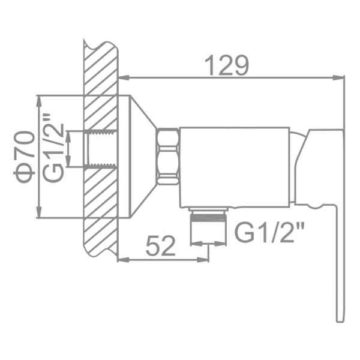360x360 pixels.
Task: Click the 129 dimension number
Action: [x=226, y=65]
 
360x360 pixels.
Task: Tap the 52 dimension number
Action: [x=161, y=246]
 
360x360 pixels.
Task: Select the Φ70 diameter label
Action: [x=25, y=157]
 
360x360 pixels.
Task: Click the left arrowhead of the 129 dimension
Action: [x=124, y=78]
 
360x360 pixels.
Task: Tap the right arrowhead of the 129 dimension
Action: [x=338, y=78]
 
